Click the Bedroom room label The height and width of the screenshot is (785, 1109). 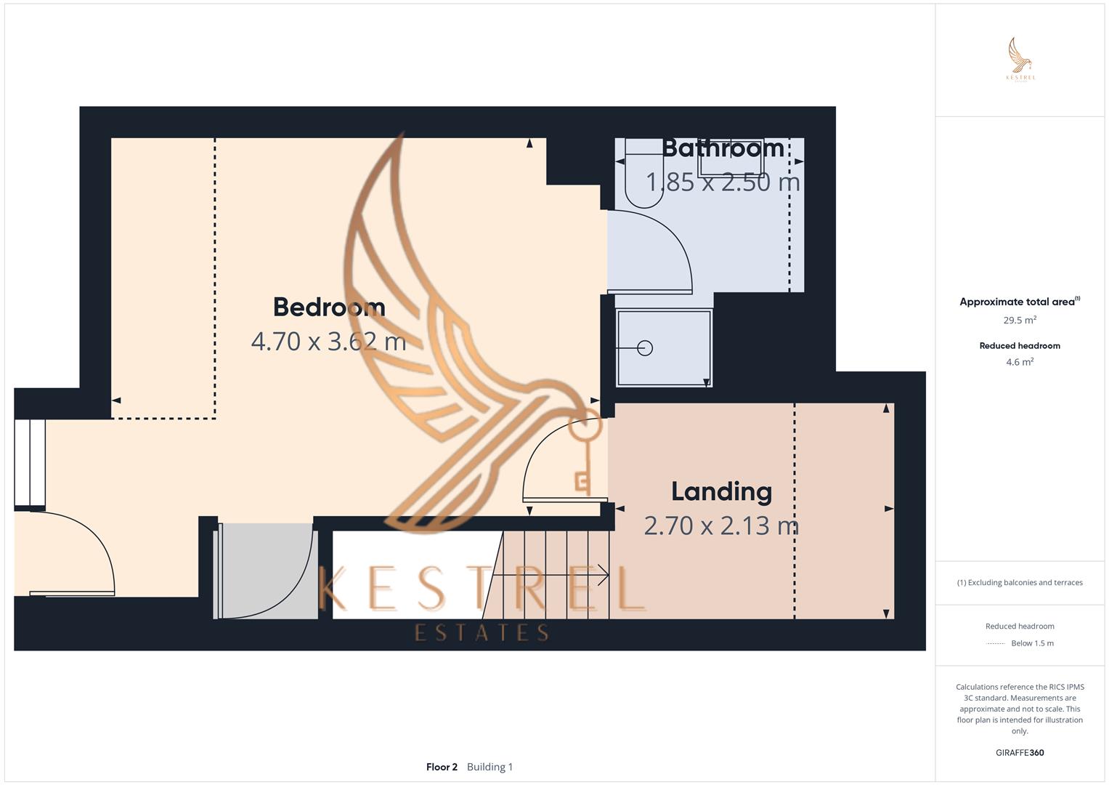pos(329,307)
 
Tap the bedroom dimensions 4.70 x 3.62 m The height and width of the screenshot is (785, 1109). pos(328,341)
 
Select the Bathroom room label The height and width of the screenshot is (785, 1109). pos(723,148)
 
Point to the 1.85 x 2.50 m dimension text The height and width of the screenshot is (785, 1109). pos(723,182)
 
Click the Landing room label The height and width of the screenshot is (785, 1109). pos(721,492)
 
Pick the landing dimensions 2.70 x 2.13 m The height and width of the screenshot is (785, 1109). pos(721,526)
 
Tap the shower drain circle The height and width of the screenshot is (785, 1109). pos(645,348)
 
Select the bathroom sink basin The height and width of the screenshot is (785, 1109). pos(730,158)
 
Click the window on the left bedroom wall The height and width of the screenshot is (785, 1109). pos(30,463)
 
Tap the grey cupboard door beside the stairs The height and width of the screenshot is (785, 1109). pos(267,571)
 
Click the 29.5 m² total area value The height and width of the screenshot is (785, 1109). pos(1020,320)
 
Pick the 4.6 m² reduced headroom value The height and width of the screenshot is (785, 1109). pos(1020,362)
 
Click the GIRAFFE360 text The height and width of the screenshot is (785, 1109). pos(1020,753)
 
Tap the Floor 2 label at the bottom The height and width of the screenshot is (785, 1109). pos(442,767)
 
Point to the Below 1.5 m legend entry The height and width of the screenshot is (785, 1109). pos(1032,643)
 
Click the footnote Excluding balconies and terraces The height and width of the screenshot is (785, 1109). pos(1020,582)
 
